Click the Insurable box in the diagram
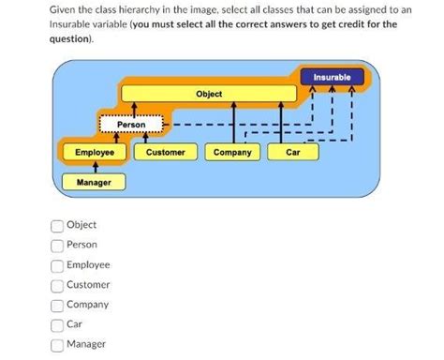(332, 77)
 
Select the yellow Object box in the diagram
(209, 95)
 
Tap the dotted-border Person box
(130, 124)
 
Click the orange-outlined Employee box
(94, 152)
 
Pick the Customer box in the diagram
(165, 152)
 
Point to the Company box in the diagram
(231, 152)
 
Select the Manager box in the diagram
(93, 181)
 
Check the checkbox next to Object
(57, 225)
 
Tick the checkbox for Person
(57, 245)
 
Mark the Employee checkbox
(57, 265)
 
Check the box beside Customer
(57, 285)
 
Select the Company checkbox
(57, 305)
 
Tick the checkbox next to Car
(57, 324)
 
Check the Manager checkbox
(57, 345)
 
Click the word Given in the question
(65, 8)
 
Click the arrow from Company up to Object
(232, 122)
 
